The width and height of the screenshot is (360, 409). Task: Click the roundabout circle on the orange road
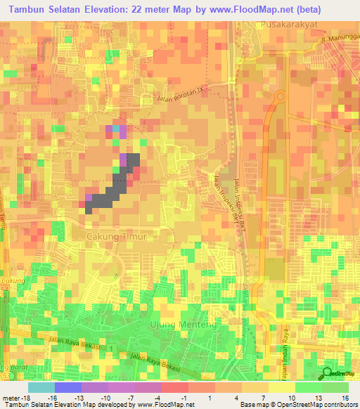pyautogui.click(x=281, y=96)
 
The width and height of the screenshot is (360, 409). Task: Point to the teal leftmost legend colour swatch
pyautogui.click(x=41, y=387)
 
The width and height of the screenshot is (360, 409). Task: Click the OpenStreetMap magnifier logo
pyautogui.click(x=328, y=374)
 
